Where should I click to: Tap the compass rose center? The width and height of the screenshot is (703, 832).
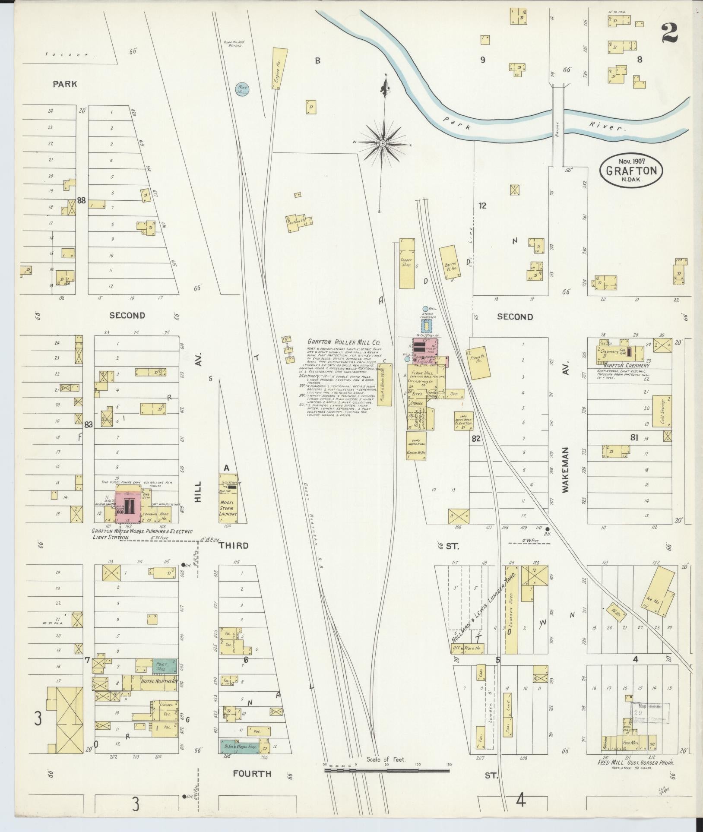point(383,143)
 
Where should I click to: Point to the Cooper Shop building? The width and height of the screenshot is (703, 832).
point(407,263)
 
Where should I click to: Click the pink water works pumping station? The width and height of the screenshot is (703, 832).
point(128,504)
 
